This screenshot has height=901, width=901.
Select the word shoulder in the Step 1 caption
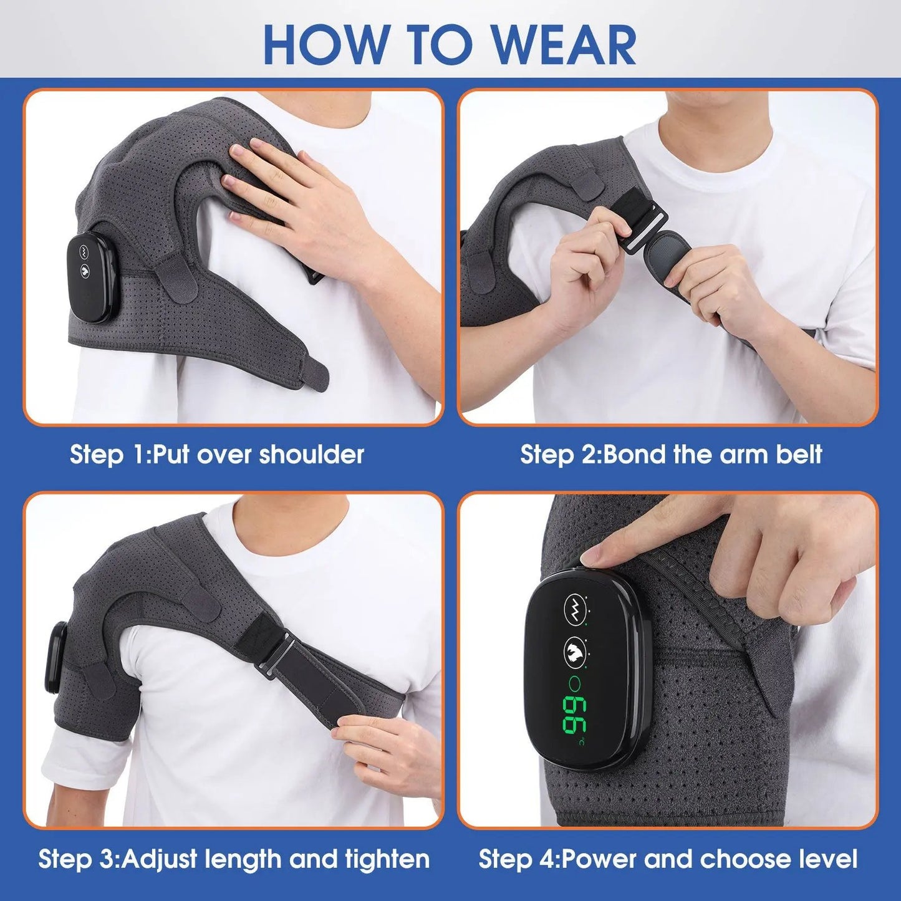[311, 455]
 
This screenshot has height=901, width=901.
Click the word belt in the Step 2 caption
[799, 455]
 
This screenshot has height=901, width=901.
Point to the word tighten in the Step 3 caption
[387, 859]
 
